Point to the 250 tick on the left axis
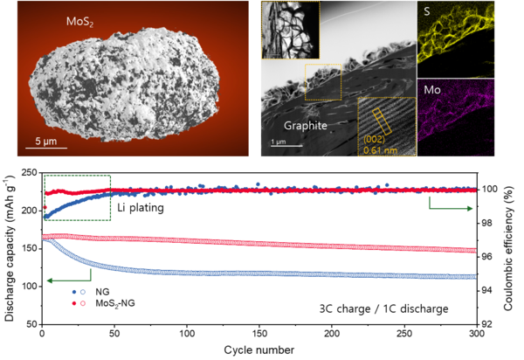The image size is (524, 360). [x=29, y=173]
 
